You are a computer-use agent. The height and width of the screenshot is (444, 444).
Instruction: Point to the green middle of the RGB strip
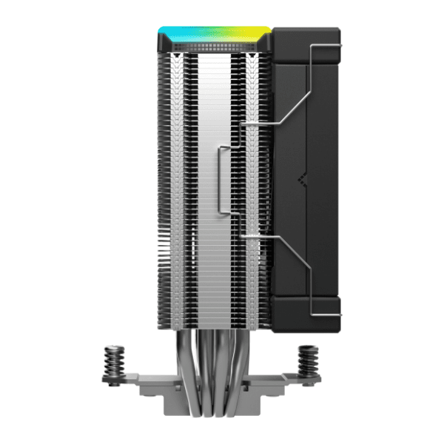pos(215,34)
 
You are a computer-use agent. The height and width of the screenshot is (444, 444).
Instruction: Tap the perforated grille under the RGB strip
pos(215,46)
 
